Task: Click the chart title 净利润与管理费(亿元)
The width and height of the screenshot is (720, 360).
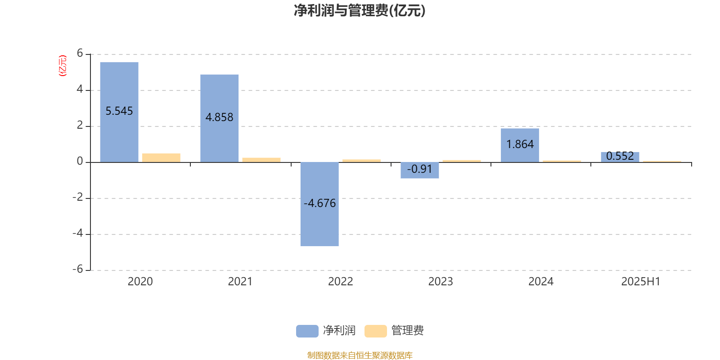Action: [x=360, y=11]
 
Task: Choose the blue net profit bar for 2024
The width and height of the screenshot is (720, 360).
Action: [x=520, y=135]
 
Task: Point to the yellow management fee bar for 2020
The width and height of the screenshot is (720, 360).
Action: [x=161, y=157]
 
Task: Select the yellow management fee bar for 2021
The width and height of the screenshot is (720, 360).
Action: [x=261, y=160]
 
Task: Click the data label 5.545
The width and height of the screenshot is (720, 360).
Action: [x=119, y=111]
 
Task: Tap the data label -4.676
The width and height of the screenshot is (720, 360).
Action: [x=319, y=203]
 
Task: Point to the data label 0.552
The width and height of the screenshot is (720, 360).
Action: [x=620, y=156]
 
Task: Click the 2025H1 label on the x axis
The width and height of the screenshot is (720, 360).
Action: [x=640, y=282]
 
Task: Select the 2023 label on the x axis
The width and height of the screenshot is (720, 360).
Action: [x=440, y=282]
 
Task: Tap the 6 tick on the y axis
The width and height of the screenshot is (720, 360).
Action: [x=80, y=54]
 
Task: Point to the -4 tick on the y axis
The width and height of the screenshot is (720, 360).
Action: [x=78, y=234]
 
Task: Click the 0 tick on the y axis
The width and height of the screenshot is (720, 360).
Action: [x=80, y=162]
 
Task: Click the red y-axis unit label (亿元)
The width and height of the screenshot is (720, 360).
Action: [x=63, y=66]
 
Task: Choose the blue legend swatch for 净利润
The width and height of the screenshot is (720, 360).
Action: [x=307, y=331]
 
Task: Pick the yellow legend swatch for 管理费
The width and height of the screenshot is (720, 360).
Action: [x=375, y=331]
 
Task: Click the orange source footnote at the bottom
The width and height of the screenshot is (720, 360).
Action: [x=360, y=355]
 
